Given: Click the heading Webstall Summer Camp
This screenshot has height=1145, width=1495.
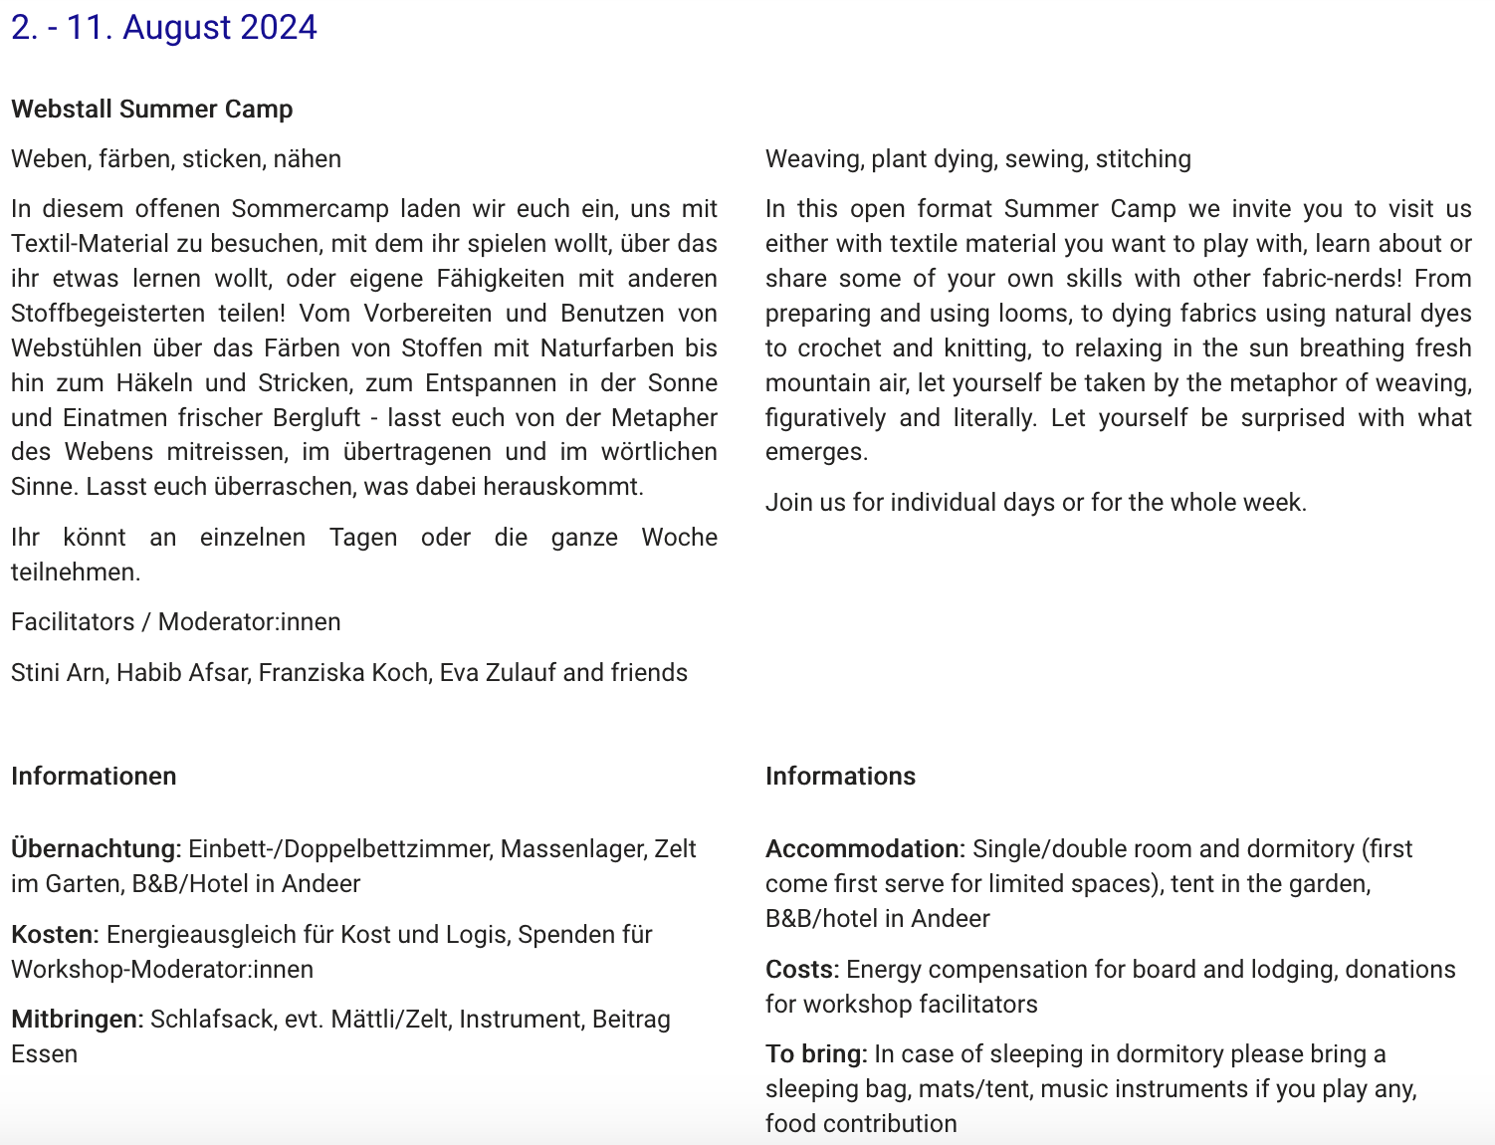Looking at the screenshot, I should coord(152,109).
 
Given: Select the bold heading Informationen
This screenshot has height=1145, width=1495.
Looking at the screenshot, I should coord(94,776).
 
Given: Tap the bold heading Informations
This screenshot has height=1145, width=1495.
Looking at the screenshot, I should coord(840,776).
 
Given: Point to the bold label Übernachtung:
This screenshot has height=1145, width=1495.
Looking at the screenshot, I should coord(96,848).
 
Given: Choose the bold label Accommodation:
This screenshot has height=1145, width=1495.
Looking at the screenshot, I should coord(865,848).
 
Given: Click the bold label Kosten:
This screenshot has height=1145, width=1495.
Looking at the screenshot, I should coord(55,934).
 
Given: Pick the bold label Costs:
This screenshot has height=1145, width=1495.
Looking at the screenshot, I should coord(802,969).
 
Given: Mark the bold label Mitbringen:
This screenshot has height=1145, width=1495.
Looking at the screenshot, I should coord(78,1019).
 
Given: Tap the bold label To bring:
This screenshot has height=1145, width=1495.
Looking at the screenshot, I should coord(816,1053).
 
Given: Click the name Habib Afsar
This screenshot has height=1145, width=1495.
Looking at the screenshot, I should coord(182,672).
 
